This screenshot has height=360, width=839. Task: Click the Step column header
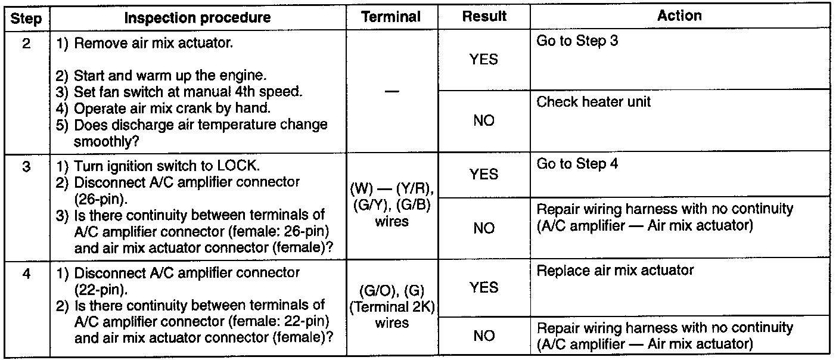[26, 18]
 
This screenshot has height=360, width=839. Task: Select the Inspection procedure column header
[197, 18]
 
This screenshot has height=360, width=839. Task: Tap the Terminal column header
[391, 17]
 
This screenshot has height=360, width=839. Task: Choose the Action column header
[679, 16]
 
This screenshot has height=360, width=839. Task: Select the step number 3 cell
[26, 167]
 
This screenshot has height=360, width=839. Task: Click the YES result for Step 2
[484, 60]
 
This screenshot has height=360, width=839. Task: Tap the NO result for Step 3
[484, 228]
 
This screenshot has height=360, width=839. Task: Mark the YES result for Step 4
[484, 288]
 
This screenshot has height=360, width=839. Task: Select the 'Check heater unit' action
[593, 102]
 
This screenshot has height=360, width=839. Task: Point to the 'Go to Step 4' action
[577, 164]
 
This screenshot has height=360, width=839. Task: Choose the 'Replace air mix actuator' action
[615, 271]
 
